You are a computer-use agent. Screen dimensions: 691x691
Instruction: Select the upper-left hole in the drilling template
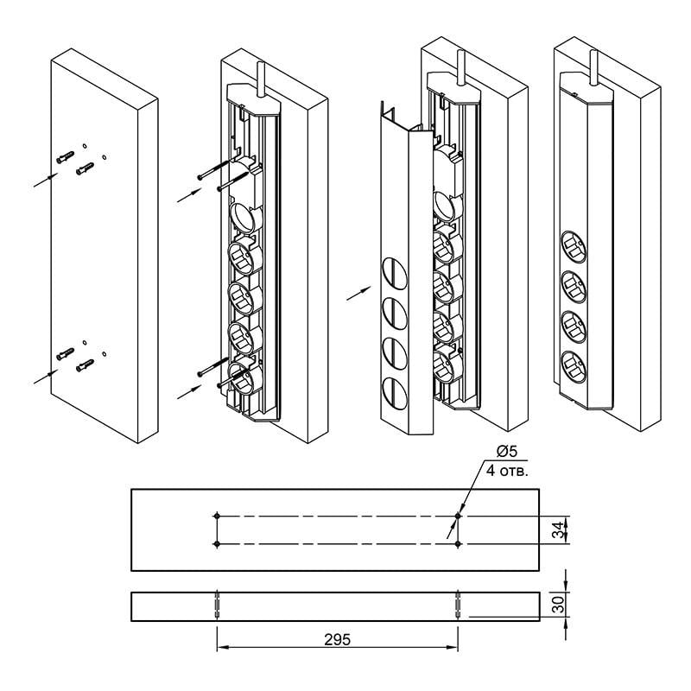coord(217,516)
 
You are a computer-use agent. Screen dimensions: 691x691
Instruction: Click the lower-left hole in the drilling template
coord(217,544)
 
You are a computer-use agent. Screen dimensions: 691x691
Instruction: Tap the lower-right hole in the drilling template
coord(458,544)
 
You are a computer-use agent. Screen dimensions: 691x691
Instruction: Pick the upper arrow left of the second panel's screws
coord(187,195)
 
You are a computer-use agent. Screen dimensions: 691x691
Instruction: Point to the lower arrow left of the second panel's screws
coord(187,390)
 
